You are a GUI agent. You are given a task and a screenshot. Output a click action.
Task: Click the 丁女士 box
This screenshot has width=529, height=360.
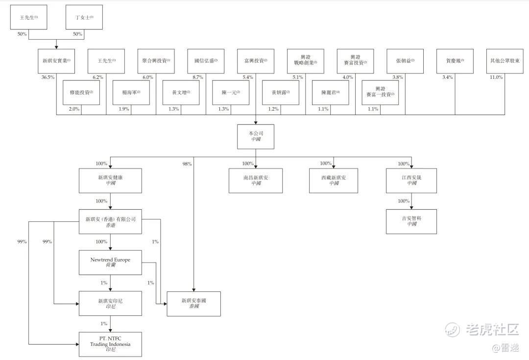click(x=84, y=18)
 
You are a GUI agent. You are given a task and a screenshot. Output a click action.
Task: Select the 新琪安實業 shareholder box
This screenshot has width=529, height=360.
click(x=56, y=61)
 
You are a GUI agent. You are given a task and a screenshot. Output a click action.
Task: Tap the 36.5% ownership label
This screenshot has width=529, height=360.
click(x=48, y=77)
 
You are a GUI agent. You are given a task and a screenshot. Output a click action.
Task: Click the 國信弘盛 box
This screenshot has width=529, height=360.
click(x=206, y=61)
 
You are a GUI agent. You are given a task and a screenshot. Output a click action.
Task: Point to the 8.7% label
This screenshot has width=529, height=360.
click(x=198, y=77)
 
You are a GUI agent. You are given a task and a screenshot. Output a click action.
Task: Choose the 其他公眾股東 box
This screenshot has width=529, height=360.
click(x=505, y=61)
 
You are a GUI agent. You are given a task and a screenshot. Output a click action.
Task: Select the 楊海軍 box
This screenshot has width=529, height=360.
click(x=131, y=93)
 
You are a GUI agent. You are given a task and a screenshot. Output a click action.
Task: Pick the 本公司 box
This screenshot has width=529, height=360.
click(x=255, y=137)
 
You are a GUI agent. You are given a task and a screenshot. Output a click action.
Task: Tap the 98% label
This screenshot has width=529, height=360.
click(x=187, y=164)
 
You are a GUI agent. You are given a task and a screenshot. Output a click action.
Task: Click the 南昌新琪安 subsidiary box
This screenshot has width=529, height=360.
click(x=256, y=180)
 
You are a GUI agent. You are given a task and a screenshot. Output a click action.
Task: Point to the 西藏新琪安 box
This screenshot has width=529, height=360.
click(x=334, y=180)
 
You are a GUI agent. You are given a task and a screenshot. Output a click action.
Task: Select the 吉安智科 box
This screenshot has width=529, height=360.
click(x=411, y=221)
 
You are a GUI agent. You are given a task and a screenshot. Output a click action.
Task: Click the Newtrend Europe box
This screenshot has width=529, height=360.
click(x=110, y=263)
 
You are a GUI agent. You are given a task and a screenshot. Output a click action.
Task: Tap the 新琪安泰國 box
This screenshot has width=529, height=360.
click(x=193, y=304)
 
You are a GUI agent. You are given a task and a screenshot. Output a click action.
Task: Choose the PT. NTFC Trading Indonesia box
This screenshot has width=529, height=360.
click(x=110, y=344)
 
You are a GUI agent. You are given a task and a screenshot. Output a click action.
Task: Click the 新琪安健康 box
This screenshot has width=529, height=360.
click(x=110, y=180)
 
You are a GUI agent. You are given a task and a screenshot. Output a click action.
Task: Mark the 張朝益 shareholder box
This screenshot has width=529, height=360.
click(x=405, y=61)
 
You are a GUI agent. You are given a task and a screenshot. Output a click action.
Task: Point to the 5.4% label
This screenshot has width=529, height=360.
click(x=248, y=77)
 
